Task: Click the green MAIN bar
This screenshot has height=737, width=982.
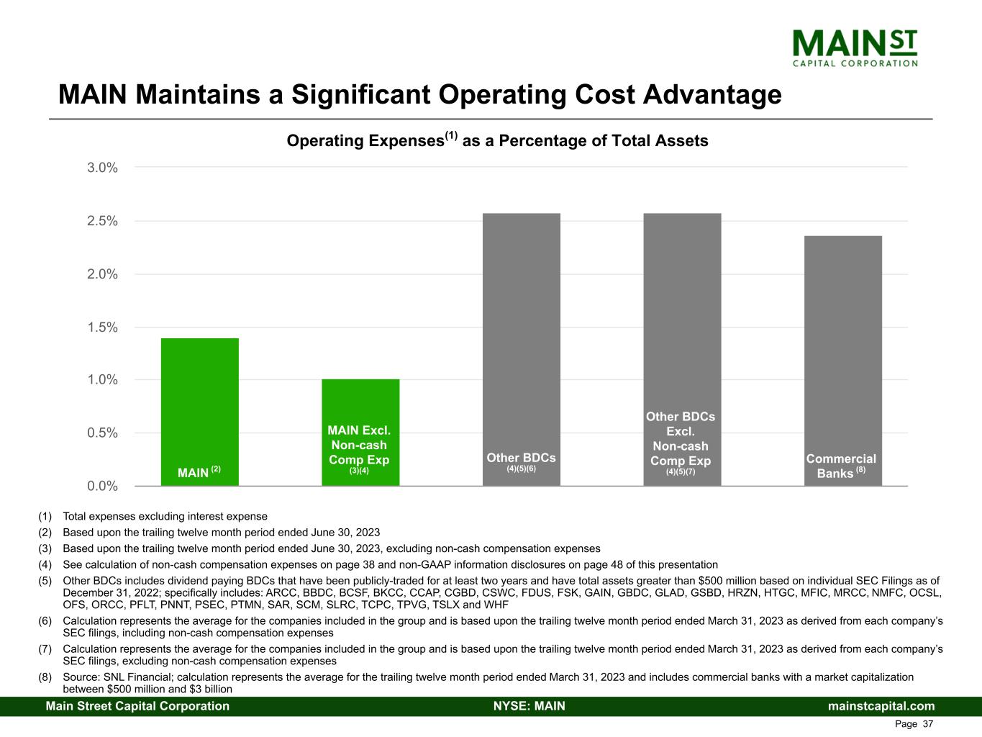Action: click(x=199, y=403)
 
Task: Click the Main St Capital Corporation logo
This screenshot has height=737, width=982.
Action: click(x=855, y=48)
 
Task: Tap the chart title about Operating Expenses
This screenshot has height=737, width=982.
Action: click(x=497, y=140)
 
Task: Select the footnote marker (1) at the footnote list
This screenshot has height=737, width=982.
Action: click(x=45, y=516)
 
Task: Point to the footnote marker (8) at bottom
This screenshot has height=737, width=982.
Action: click(x=45, y=677)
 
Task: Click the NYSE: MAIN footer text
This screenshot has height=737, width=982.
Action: click(x=529, y=706)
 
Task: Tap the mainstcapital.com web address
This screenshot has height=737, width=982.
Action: click(x=881, y=706)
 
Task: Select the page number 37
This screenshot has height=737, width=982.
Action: click(x=927, y=724)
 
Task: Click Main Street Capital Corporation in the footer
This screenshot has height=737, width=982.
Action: click(x=137, y=706)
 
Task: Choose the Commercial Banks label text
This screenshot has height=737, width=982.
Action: click(x=841, y=466)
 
